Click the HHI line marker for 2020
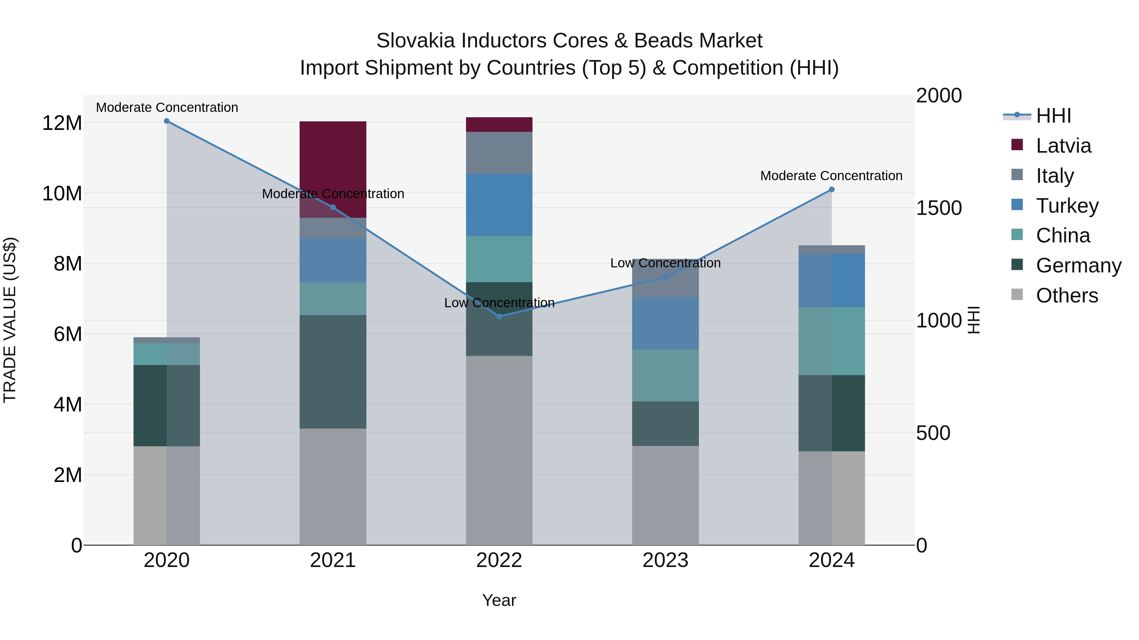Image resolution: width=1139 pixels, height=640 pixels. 167,121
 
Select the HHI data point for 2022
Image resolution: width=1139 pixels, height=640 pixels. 499,316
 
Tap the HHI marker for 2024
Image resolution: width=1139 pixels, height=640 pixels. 832,190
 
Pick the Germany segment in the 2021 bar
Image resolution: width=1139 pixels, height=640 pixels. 333,371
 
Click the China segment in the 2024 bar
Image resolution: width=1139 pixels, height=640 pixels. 832,341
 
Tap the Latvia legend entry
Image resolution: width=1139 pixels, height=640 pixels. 1063,146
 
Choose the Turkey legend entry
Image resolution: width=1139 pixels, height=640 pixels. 1067,206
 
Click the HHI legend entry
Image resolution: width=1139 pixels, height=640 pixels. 1053,116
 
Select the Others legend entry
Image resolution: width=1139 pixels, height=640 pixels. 1067,296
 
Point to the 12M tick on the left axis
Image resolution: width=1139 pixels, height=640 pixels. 62,123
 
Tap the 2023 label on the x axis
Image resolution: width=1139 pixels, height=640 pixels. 665,560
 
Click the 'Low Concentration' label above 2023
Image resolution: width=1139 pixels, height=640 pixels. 665,263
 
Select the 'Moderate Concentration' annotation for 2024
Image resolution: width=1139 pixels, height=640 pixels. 831,176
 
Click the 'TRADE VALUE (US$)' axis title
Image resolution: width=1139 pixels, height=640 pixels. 10,320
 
